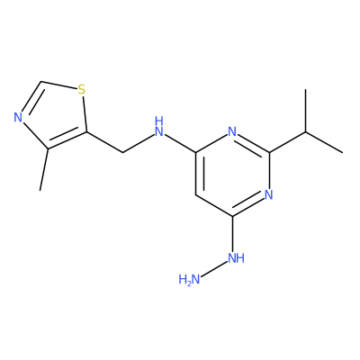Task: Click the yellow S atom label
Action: click(x=81, y=89)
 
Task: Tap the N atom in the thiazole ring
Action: click(x=18, y=117)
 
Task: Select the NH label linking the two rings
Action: click(x=159, y=127)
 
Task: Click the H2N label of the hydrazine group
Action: click(x=189, y=280)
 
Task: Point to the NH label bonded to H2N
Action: click(x=236, y=258)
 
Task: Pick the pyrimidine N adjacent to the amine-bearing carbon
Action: click(x=232, y=131)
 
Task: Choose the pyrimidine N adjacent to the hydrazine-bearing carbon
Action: click(x=269, y=194)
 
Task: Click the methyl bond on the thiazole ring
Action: click(x=44, y=169)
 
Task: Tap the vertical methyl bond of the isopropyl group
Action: click(x=306, y=111)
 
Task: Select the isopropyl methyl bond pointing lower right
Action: click(x=324, y=142)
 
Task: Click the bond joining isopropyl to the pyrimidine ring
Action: click(x=287, y=142)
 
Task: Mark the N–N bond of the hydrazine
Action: click(x=213, y=269)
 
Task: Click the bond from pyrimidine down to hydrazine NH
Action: click(x=232, y=234)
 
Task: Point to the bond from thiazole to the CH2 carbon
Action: click(x=104, y=142)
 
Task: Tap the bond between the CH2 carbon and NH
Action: click(x=139, y=144)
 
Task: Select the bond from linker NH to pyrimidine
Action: click(x=180, y=144)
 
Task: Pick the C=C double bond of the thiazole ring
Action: click(x=67, y=140)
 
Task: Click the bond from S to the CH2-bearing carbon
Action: click(x=85, y=113)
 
